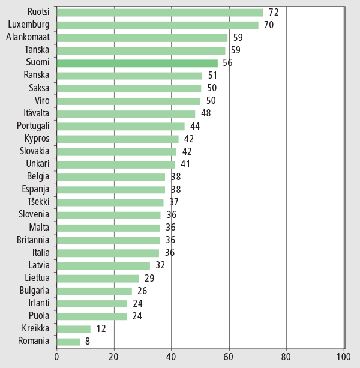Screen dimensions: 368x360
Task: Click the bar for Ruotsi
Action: click(x=159, y=12)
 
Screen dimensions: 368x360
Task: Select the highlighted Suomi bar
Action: click(x=136, y=62)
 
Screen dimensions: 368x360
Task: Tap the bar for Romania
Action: click(x=68, y=341)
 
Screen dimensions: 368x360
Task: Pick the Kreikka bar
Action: click(x=73, y=328)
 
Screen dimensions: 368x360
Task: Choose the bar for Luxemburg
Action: click(x=157, y=25)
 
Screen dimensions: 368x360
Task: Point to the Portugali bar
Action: click(x=120, y=126)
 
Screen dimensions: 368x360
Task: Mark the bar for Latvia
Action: click(x=103, y=265)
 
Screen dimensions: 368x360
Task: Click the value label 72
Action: click(x=274, y=12)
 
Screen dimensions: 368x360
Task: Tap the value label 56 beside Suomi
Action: click(x=227, y=62)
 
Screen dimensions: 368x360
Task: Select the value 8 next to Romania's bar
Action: click(x=88, y=341)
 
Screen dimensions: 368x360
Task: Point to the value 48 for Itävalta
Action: click(x=205, y=113)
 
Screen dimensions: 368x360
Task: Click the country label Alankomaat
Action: click(x=28, y=37)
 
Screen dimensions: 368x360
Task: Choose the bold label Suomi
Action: click(x=38, y=62)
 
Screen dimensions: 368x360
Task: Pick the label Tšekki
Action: click(x=38, y=202)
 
